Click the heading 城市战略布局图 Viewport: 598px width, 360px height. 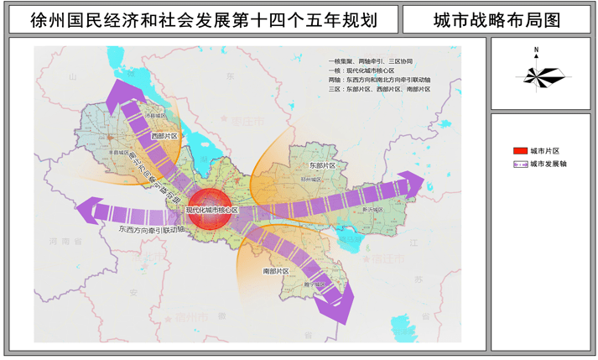coord(497,19)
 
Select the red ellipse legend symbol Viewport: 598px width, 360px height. coord(520,150)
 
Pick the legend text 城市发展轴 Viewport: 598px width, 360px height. coord(549,164)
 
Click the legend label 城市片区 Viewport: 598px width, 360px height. coord(545,150)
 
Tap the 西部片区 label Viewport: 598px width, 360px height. coord(164,135)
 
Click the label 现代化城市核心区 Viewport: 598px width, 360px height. coord(211,209)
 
